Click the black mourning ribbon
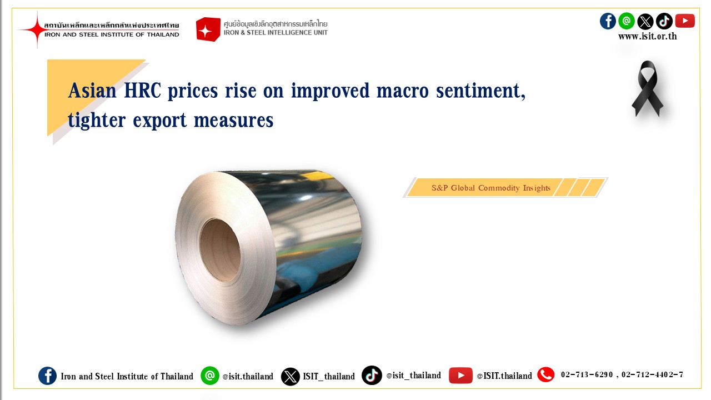pyautogui.click(x=648, y=88)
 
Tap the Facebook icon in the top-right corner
pyautogui.click(x=608, y=21)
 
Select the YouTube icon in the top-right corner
pyautogui.click(x=685, y=21)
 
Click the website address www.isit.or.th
pyautogui.click(x=648, y=36)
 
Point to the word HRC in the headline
pyautogui.click(x=143, y=91)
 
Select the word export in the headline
pyautogui.click(x=159, y=121)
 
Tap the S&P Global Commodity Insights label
pyautogui.click(x=490, y=188)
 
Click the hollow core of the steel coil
pyautogui.click(x=219, y=249)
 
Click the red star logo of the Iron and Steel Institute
pyautogui.click(x=37, y=29)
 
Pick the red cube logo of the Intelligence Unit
pyautogui.click(x=208, y=29)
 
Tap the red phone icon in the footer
pyautogui.click(x=545, y=374)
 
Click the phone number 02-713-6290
pyautogui.click(x=587, y=374)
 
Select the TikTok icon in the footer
pyautogui.click(x=372, y=375)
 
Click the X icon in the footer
pyautogui.click(x=290, y=377)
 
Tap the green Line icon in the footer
pyautogui.click(x=210, y=376)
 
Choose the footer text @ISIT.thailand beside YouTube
pyautogui.click(x=504, y=376)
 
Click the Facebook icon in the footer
pyautogui.click(x=47, y=376)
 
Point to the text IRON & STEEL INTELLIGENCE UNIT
pyautogui.click(x=276, y=33)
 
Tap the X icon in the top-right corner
pyautogui.click(x=645, y=21)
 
